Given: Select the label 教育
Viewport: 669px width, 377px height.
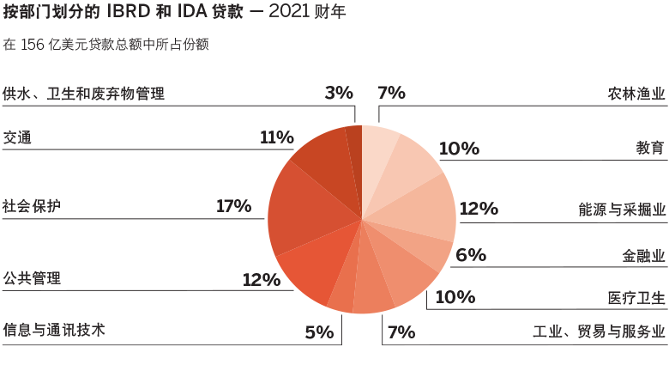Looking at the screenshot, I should click(x=649, y=149).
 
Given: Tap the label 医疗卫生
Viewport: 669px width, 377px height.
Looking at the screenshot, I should click(x=636, y=298).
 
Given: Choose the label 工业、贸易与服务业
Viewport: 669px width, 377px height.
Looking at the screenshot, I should click(x=598, y=331).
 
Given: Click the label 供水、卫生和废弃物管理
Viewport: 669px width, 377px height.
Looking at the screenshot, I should click(x=83, y=94).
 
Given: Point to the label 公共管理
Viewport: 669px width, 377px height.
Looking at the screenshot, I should click(x=32, y=278).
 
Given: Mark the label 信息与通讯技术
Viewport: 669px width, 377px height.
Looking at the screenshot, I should click(x=54, y=330).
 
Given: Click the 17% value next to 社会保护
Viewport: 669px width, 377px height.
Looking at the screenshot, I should click(x=233, y=206).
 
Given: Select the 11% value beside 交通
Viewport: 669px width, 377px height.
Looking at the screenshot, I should click(x=276, y=137).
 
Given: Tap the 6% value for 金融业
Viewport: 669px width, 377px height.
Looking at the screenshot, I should click(x=471, y=255).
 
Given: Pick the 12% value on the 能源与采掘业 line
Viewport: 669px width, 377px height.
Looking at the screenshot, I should click(x=478, y=208).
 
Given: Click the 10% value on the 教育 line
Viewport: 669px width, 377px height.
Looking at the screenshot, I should click(x=458, y=149).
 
